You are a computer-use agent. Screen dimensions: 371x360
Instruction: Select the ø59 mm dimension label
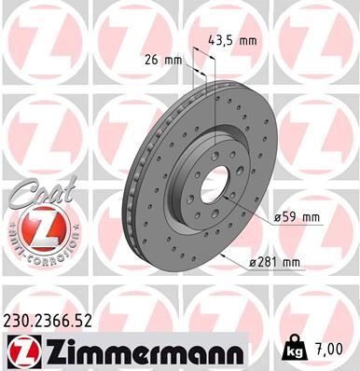coord(296,218)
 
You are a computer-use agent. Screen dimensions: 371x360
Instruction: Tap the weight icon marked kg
coord(297,350)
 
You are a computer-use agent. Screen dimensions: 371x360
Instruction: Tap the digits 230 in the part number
coord(18,322)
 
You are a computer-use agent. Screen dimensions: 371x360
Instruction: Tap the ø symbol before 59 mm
coord(277,218)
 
